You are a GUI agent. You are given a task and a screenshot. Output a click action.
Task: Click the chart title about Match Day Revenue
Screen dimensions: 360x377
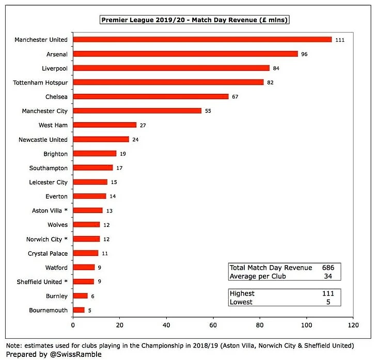point(194,20)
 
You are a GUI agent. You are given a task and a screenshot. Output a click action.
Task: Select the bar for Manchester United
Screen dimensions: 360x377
point(202,39)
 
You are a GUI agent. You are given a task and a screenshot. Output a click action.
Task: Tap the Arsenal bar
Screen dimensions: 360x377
point(185,54)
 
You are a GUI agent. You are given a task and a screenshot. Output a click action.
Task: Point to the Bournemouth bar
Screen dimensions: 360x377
point(78,310)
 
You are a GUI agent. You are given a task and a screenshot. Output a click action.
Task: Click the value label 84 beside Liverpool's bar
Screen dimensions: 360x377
point(276,68)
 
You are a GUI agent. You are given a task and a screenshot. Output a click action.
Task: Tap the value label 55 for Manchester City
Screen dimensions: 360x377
point(208,111)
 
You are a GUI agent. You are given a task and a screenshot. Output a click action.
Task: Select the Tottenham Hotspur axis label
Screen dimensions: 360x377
point(41,82)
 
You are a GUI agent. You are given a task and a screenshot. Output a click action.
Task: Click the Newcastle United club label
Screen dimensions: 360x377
point(43,139)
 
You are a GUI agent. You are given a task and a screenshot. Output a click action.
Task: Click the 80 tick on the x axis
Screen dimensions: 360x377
point(260,326)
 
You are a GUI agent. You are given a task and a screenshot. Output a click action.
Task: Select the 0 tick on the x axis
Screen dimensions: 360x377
point(73,326)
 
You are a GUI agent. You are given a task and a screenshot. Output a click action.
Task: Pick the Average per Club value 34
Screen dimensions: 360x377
point(328,276)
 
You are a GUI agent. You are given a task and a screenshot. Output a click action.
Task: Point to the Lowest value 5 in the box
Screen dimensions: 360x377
point(328,302)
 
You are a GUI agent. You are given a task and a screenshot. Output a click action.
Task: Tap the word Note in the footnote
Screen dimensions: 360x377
point(13,345)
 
